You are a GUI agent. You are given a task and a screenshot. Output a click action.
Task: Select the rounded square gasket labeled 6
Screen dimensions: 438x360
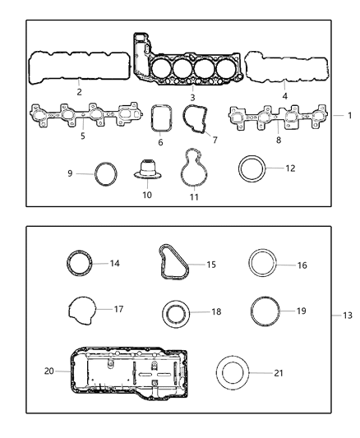point(161,118)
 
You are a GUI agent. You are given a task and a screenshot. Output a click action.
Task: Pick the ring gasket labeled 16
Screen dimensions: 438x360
point(265,265)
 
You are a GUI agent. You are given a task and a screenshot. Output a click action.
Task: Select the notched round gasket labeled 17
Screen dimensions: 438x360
point(80,311)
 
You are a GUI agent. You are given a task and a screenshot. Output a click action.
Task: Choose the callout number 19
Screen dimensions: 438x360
point(301,311)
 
